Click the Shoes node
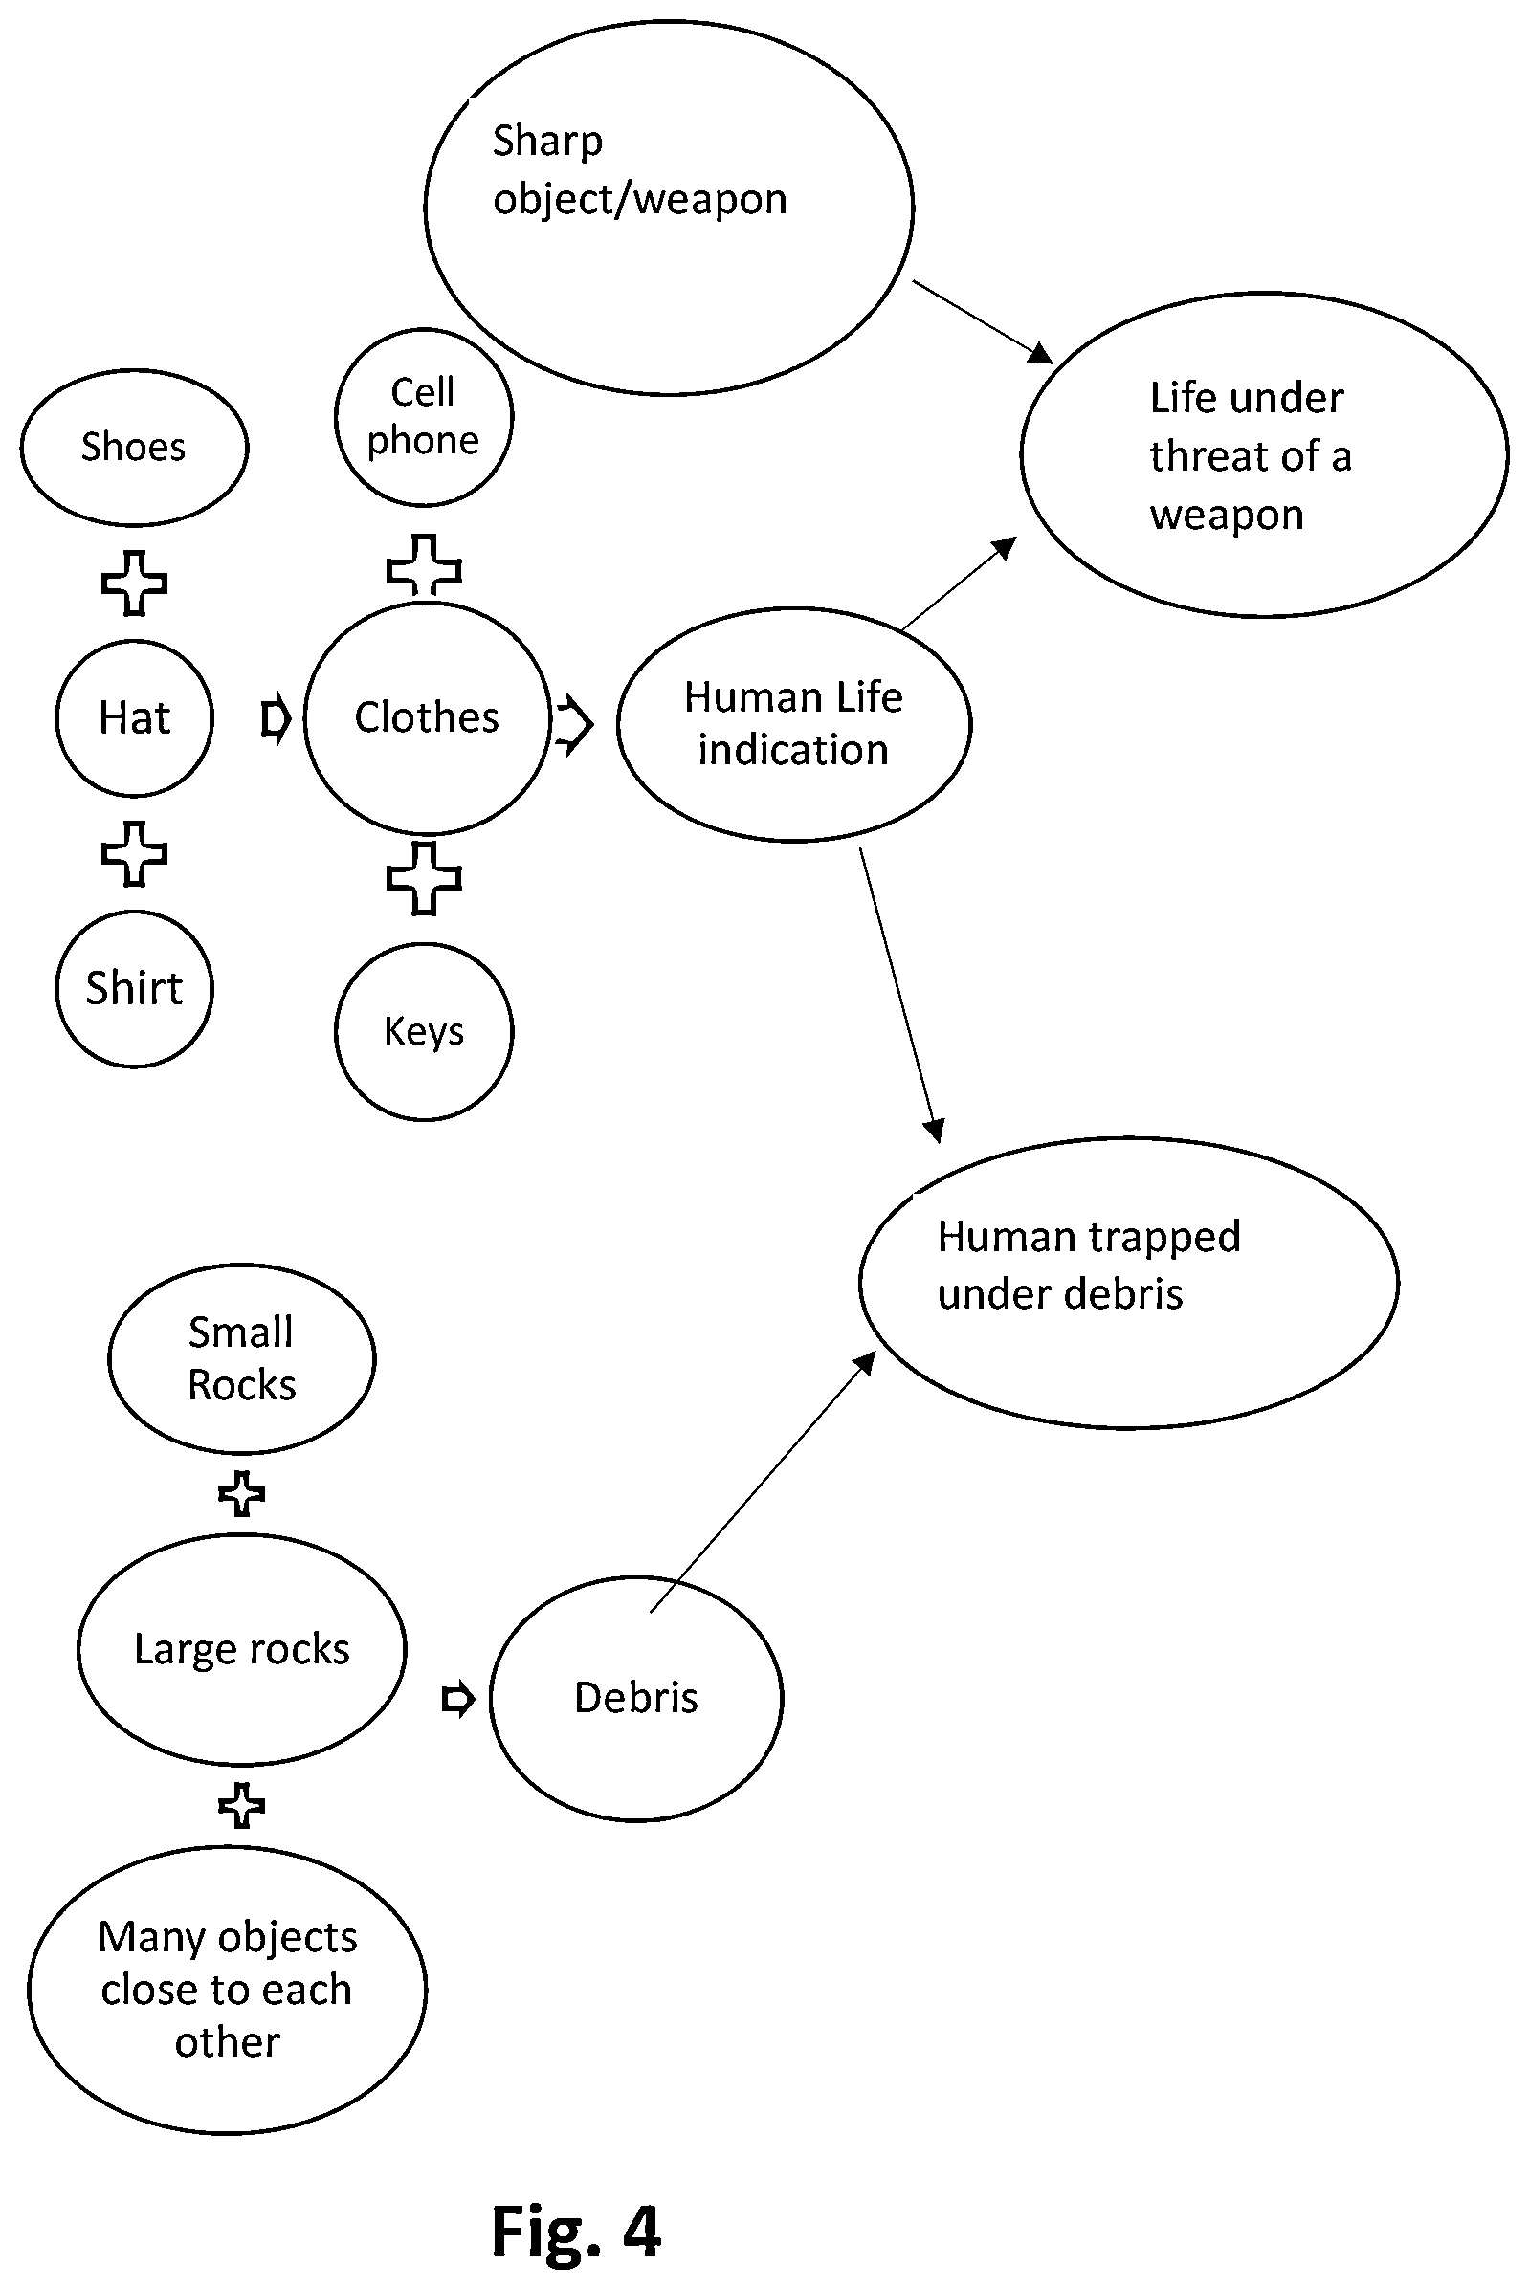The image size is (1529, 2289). click(135, 448)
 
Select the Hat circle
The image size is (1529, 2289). click(135, 718)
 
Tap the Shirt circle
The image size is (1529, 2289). click(135, 988)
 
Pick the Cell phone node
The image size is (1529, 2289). click(423, 417)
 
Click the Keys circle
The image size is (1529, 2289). click(423, 1031)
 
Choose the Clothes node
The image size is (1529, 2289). click(427, 717)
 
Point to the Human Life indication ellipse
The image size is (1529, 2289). click(794, 724)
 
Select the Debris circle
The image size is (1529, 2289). click(635, 1698)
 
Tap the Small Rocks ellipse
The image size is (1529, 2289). click(242, 1359)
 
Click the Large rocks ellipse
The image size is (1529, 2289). click(242, 1649)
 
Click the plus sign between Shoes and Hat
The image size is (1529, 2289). click(135, 583)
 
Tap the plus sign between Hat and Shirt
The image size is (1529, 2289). click(135, 854)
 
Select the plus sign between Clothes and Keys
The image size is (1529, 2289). click(423, 878)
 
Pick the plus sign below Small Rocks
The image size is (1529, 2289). click(242, 1493)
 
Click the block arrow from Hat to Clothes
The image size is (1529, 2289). click(276, 719)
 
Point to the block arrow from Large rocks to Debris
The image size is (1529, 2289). click(457, 1700)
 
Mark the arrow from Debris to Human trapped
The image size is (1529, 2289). click(763, 1483)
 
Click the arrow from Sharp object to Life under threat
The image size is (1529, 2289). click(983, 321)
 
